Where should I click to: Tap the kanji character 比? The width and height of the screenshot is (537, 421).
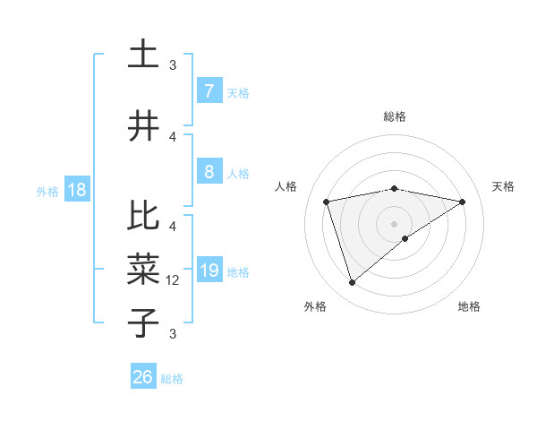coord(144,217)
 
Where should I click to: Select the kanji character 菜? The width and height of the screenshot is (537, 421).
coord(144,269)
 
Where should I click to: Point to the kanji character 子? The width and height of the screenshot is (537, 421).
coord(144,322)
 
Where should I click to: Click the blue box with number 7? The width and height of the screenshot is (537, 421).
coord(209,90)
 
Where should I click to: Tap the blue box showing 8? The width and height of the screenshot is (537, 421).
coord(209,172)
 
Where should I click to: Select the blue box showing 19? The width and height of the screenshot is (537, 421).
coord(209,271)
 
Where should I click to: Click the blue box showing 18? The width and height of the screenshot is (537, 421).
coord(76,190)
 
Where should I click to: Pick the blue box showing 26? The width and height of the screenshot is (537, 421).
coord(143,377)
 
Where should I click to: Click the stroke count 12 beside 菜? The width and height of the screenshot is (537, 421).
coord(175,279)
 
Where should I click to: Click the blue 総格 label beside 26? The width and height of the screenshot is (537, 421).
coord(172,379)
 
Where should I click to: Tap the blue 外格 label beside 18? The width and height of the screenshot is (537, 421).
coord(47,191)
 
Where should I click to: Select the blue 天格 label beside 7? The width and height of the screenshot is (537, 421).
coord(237,92)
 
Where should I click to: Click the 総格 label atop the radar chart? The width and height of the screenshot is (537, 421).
coord(395,116)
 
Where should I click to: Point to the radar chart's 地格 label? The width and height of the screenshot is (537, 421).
coord(469,306)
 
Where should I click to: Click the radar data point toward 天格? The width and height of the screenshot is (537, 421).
coord(462,202)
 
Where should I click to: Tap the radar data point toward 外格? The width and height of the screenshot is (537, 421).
coord(352,283)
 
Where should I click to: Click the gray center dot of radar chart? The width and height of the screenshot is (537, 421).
coord(395,223)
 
